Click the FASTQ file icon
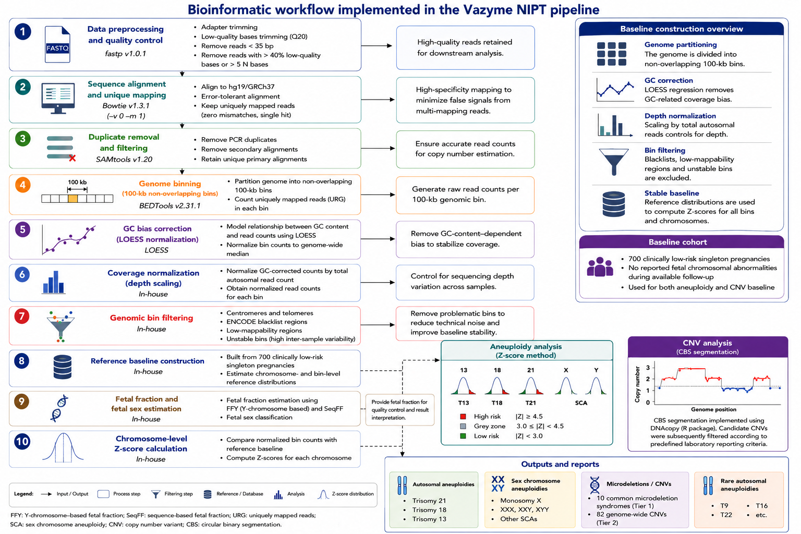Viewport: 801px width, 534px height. (x=57, y=44)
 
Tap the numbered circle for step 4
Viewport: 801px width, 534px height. (x=22, y=185)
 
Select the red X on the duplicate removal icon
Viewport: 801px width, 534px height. (x=72, y=158)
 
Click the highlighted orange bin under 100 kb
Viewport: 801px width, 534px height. (x=72, y=199)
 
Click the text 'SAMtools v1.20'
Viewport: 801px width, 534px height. (x=124, y=159)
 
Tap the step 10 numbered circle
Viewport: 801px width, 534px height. (x=22, y=441)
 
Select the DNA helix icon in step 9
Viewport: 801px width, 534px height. (x=59, y=408)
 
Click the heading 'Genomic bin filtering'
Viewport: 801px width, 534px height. (x=152, y=318)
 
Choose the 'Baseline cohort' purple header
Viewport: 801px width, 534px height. (x=681, y=242)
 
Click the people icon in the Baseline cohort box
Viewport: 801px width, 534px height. (x=600, y=267)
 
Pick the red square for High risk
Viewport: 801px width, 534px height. (x=463, y=416)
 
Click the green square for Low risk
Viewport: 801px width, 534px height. (x=463, y=436)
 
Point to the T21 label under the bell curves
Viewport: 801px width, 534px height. (x=531, y=403)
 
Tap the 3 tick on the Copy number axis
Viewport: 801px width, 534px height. (x=648, y=367)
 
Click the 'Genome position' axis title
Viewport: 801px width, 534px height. (x=713, y=409)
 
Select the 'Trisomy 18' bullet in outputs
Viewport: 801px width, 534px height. (x=429, y=509)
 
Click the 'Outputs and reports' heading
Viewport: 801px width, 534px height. (x=560, y=464)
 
